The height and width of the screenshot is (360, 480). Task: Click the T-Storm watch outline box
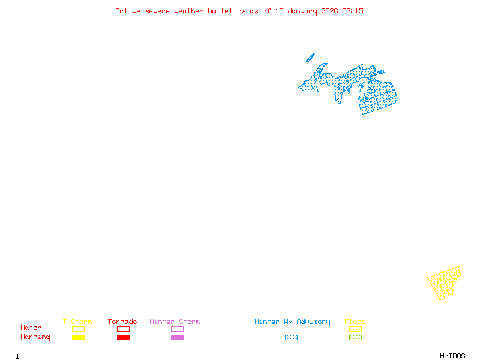pos(78,329)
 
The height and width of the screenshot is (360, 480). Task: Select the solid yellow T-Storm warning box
pos(78,338)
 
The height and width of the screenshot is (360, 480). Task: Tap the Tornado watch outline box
pos(123,329)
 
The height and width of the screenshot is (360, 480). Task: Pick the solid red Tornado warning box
pos(123,338)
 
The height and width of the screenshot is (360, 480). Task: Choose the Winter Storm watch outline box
pos(177,329)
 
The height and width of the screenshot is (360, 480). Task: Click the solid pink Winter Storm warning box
pos(177,338)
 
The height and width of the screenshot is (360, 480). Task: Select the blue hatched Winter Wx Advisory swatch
pos(291,338)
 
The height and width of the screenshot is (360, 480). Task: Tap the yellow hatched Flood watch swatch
pos(355,329)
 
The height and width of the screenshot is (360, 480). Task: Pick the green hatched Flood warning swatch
pos(355,338)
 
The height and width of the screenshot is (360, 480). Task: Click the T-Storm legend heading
pos(77,322)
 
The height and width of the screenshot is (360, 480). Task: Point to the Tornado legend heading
pos(122,322)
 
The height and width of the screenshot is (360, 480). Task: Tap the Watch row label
pos(31,328)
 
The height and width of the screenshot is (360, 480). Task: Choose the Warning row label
pos(35,337)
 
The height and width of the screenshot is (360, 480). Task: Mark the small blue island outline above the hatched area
pos(310,58)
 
